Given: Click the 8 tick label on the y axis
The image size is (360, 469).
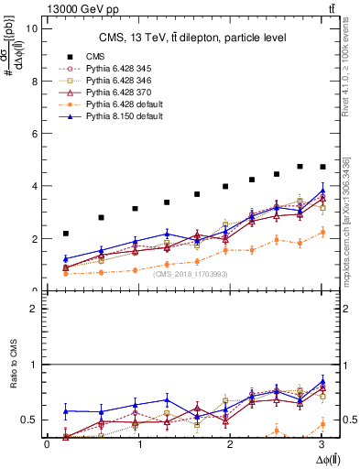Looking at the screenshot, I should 36,81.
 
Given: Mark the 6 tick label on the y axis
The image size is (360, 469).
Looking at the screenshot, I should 36,134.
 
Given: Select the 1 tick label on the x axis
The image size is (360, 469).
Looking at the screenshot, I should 139,444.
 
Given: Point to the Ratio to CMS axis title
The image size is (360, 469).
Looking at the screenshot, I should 13,365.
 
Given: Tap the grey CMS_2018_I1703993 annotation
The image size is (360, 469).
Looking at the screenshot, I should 190,274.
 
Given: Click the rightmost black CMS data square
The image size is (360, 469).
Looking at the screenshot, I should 322,167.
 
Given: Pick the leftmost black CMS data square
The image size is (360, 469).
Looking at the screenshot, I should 66,234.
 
